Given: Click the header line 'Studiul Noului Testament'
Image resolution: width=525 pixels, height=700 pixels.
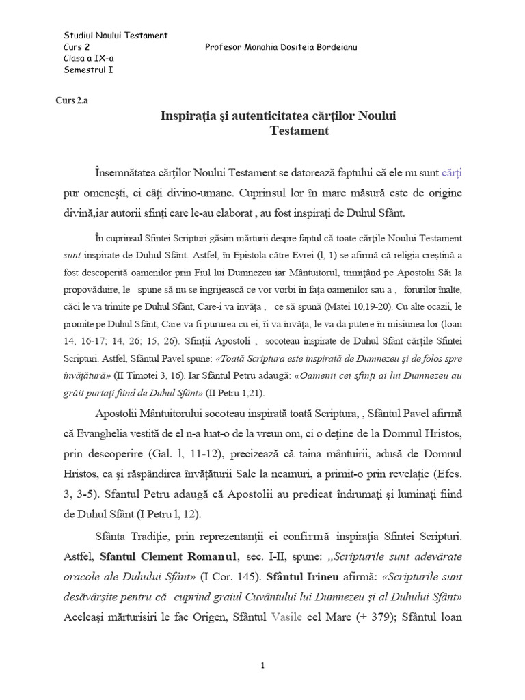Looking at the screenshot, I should (x=115, y=36).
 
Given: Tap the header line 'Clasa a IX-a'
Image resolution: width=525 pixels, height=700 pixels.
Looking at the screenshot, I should (x=88, y=58).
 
